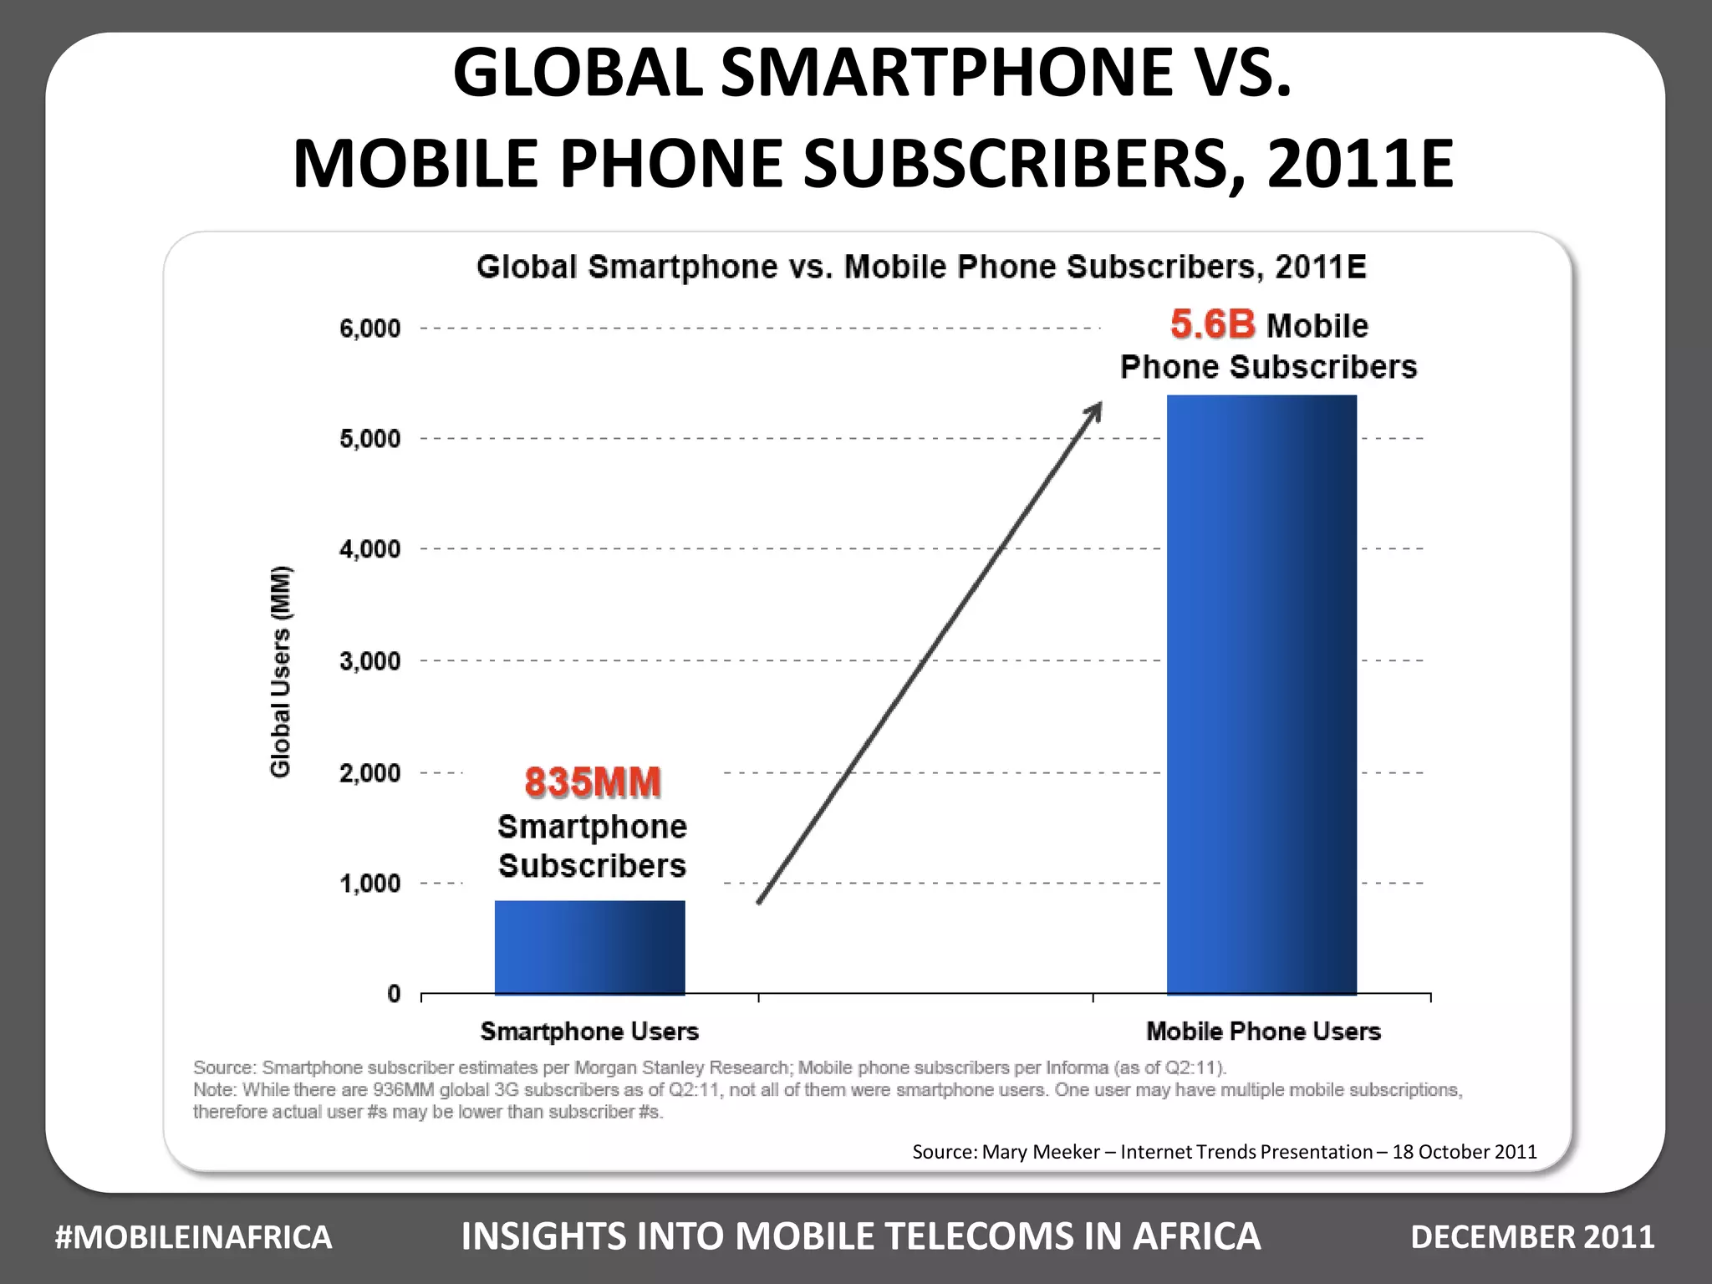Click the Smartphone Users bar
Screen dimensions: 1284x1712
(x=589, y=947)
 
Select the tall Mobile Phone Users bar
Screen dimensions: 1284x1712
(x=1261, y=694)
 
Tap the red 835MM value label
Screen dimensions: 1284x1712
(x=593, y=783)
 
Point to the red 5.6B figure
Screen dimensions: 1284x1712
(x=1212, y=324)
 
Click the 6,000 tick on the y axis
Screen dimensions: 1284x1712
(x=369, y=329)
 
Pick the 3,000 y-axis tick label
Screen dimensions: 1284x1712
(x=369, y=661)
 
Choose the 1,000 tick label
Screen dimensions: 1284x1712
(x=369, y=884)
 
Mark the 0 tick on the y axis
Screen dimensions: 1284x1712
(x=394, y=994)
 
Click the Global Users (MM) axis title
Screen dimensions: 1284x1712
(x=281, y=671)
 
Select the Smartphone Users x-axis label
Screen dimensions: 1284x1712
(x=589, y=1032)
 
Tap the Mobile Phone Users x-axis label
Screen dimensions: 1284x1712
(x=1263, y=1032)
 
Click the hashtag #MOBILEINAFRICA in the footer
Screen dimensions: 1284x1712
(x=193, y=1237)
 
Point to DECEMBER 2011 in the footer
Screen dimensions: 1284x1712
(x=1532, y=1237)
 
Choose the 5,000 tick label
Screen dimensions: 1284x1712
(x=369, y=439)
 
